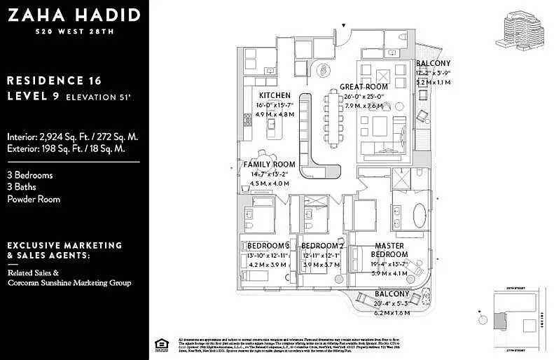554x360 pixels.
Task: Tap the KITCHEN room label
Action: pos(275,95)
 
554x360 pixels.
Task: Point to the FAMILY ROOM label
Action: pos(270,165)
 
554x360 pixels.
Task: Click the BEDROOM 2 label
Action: pos(322,246)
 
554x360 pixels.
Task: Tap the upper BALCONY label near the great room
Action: pos(433,63)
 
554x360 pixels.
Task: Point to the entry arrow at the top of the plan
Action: pos(343,26)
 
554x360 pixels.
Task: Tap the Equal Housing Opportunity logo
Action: pos(160,343)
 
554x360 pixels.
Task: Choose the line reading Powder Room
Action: pos(34,199)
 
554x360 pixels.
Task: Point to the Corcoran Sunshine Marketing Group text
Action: pos(69,283)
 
